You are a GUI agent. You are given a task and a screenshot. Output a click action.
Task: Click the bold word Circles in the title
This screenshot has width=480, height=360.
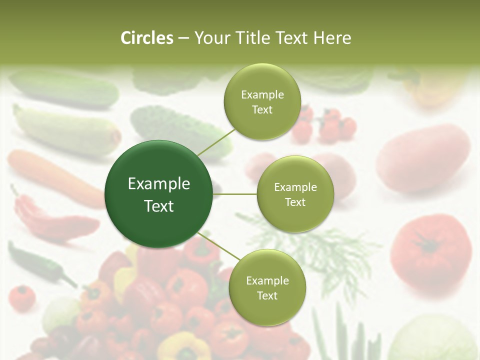tap(147, 38)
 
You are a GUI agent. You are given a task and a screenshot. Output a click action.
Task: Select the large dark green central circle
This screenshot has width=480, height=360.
tap(158, 194)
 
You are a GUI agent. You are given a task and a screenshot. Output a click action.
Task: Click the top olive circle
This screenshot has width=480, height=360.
tap(262, 101)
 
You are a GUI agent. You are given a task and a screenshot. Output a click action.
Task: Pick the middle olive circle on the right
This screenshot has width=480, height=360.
tap(295, 194)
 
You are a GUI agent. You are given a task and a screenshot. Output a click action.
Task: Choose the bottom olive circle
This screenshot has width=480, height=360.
tap(267, 287)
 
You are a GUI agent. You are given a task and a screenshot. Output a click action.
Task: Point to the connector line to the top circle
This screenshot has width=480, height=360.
tap(216, 142)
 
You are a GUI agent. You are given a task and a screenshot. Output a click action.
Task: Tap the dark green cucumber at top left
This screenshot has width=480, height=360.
tap(65, 87)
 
